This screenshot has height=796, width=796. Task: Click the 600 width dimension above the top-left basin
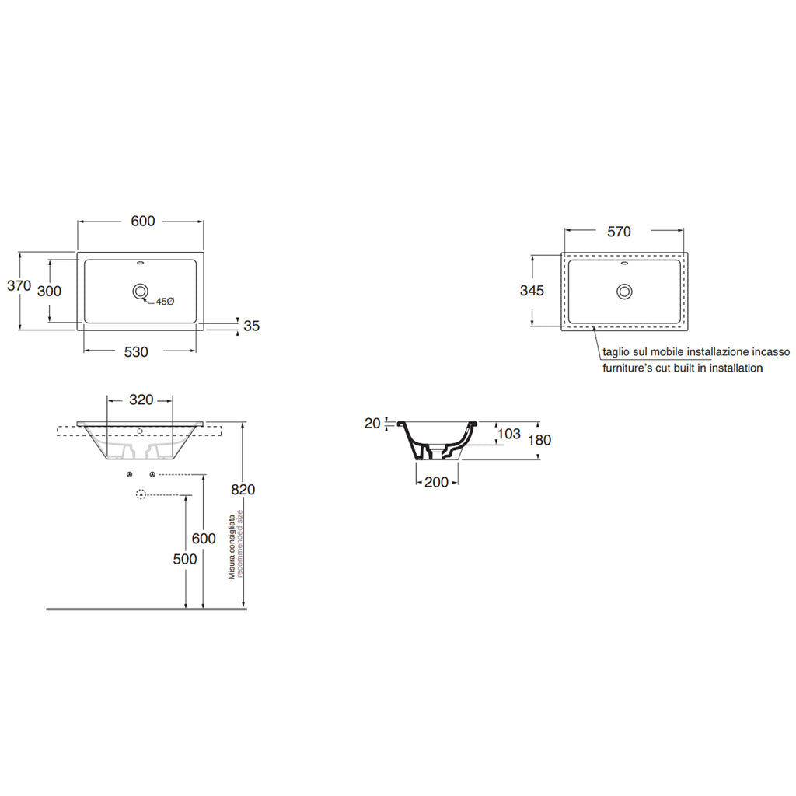pyautogui.click(x=142, y=222)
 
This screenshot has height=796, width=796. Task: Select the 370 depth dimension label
pyautogui.click(x=19, y=286)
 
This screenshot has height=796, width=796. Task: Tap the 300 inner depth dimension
pyautogui.click(x=50, y=291)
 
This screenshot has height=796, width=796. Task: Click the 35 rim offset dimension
pyautogui.click(x=251, y=326)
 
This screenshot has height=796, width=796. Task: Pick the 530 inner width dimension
pyautogui.click(x=136, y=352)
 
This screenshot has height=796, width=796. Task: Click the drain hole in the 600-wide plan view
pyautogui.click(x=141, y=292)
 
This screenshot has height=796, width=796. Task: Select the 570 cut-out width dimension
pyautogui.click(x=619, y=231)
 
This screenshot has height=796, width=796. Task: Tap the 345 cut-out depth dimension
pyautogui.click(x=531, y=291)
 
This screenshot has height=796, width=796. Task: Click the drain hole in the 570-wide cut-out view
pyautogui.click(x=624, y=292)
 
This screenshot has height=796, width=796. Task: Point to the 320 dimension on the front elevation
pyautogui.click(x=141, y=400)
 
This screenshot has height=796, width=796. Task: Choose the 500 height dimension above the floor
pyautogui.click(x=185, y=560)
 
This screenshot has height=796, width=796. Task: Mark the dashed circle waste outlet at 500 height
pyautogui.click(x=141, y=494)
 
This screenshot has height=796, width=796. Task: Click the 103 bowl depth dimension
pyautogui.click(x=508, y=434)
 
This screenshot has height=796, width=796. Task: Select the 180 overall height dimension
pyautogui.click(x=539, y=440)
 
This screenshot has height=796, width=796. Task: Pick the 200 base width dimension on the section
pyautogui.click(x=437, y=482)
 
